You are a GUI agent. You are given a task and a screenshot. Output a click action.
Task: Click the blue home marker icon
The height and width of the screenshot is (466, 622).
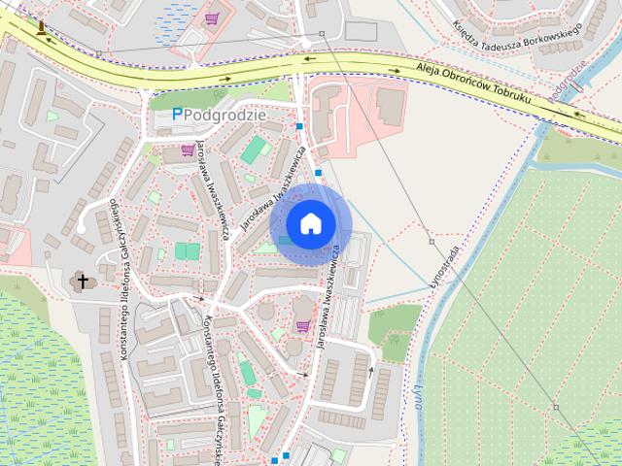point(310,224)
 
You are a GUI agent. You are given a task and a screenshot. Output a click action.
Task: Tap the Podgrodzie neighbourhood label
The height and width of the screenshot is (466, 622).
point(225,114)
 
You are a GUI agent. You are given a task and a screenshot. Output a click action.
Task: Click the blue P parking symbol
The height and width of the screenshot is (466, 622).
point(177,114)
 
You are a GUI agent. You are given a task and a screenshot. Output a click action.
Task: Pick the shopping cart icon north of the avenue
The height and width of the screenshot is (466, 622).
point(212,17)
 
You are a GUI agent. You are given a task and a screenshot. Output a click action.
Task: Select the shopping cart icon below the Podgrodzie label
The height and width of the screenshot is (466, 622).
point(187,150)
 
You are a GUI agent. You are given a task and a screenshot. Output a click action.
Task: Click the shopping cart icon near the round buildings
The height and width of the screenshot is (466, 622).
point(302,325)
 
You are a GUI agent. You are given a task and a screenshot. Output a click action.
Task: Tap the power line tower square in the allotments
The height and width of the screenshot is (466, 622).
point(557,405)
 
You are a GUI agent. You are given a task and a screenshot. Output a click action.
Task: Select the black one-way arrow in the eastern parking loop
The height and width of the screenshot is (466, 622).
point(370,369)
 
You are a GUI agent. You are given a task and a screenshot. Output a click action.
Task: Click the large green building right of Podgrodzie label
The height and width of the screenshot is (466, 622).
point(256,150)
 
